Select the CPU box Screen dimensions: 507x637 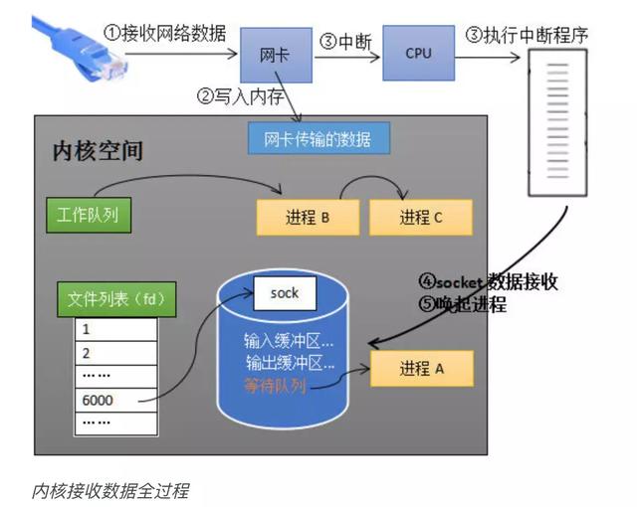point(418,53)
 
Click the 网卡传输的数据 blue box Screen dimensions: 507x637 point(318,137)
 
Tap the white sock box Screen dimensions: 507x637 point(285,293)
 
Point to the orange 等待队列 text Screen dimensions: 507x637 point(276,385)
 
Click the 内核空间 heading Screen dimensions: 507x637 point(98,151)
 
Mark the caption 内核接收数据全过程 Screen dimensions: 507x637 point(109,490)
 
